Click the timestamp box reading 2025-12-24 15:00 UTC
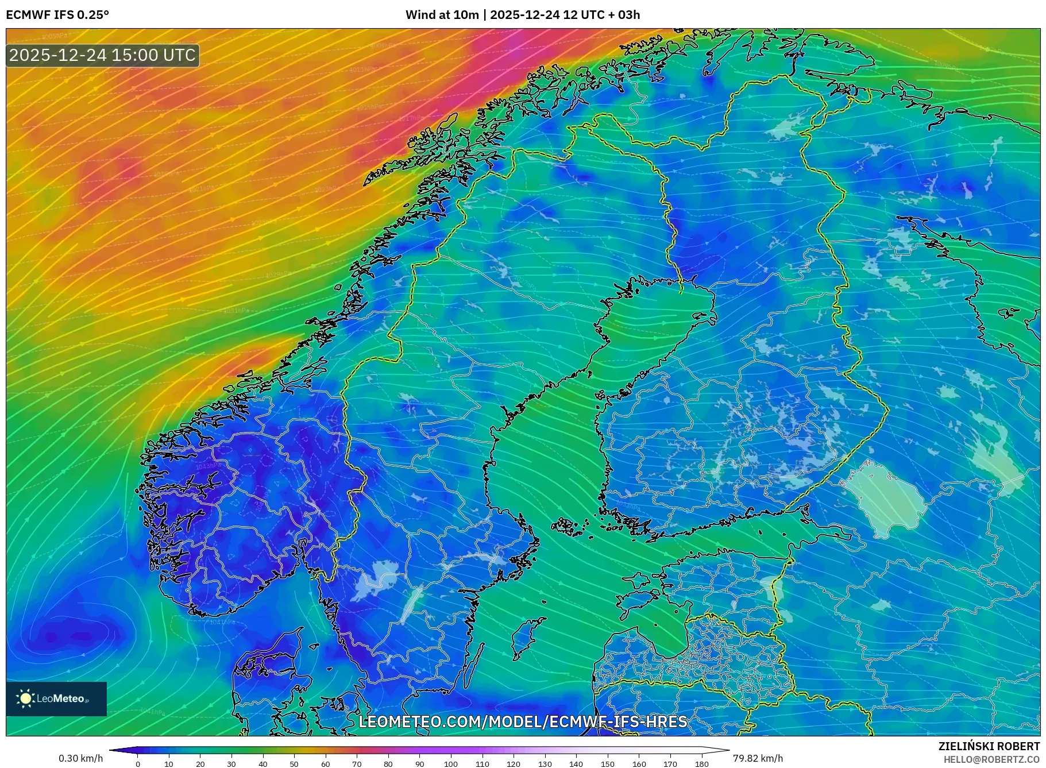point(103,55)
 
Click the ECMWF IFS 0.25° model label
point(57,15)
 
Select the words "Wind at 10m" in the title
point(442,15)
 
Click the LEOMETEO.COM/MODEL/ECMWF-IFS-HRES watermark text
point(523,721)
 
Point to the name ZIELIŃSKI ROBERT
point(989,746)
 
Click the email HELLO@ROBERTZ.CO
point(991,759)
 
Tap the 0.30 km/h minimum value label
point(81,758)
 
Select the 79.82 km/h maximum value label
point(758,758)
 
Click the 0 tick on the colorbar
point(138,764)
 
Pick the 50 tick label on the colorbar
point(294,764)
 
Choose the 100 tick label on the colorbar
point(451,764)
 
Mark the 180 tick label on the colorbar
point(701,764)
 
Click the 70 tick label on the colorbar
point(357,764)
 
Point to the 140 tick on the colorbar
point(576,764)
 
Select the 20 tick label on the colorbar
point(200,764)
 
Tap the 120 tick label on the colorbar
point(514,764)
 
